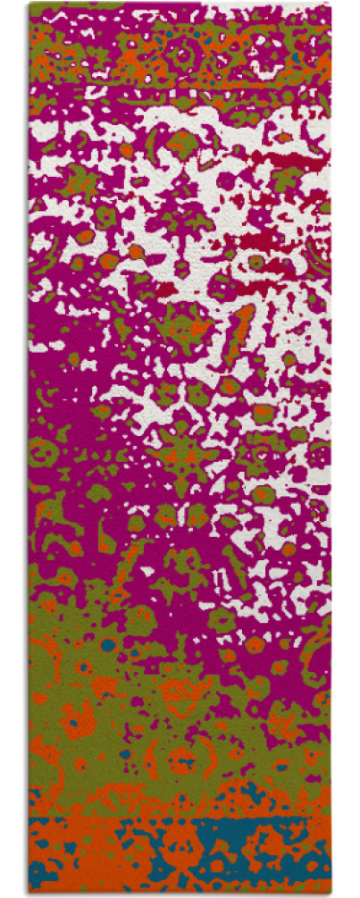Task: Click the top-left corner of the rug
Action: (29, 4)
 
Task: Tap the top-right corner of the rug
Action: (330, 4)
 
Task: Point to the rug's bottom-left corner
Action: (29, 894)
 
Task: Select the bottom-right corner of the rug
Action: (331, 894)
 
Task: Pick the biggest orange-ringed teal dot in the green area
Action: (108, 644)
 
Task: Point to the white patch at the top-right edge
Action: (295, 13)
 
